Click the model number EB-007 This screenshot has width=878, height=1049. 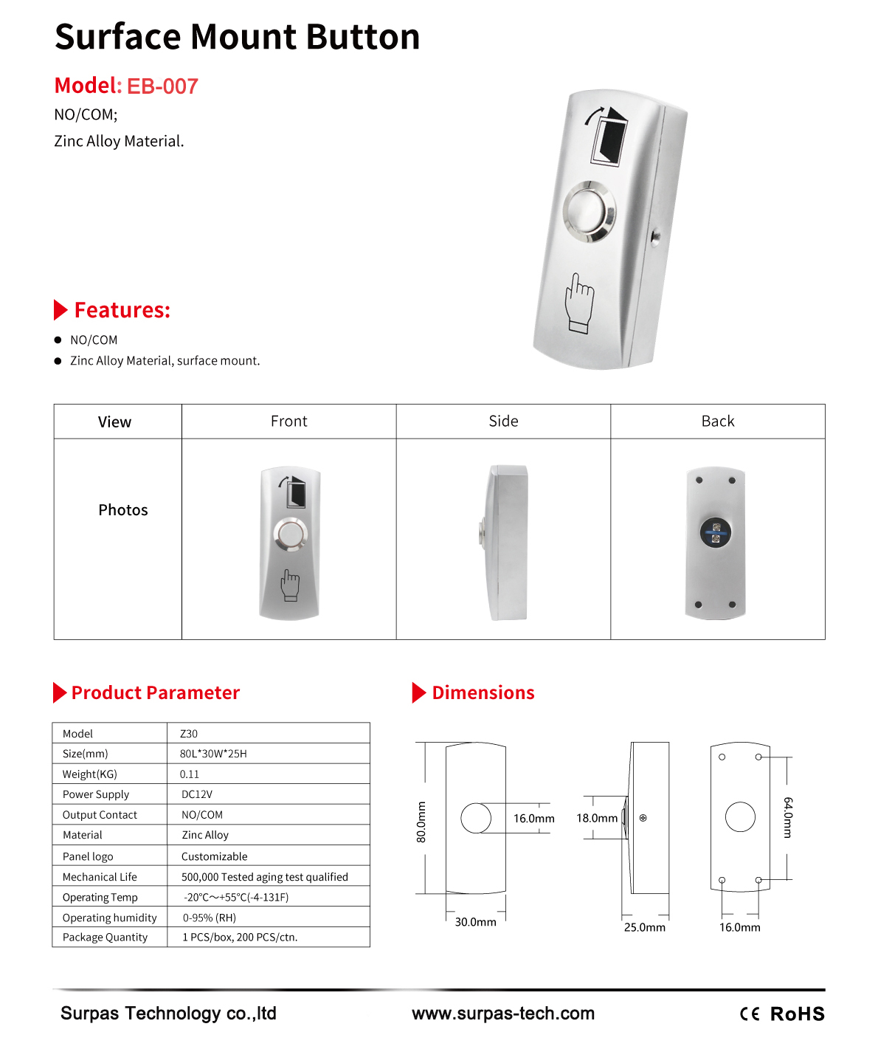click(x=162, y=86)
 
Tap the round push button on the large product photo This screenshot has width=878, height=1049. click(x=589, y=211)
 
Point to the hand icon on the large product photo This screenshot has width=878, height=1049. click(x=579, y=303)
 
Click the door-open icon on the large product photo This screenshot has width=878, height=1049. click(x=609, y=135)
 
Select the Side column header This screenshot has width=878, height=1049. click(x=503, y=422)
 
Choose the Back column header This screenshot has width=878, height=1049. click(x=717, y=422)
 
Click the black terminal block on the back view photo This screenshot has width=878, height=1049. click(x=715, y=532)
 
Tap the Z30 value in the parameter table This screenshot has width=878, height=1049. click(x=189, y=734)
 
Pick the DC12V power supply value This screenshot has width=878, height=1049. click(x=197, y=794)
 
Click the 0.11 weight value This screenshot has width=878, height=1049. click(x=190, y=774)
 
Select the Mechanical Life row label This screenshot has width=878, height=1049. click(x=100, y=877)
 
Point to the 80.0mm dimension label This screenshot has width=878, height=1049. click(x=421, y=822)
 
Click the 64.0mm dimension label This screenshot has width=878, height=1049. click(x=788, y=817)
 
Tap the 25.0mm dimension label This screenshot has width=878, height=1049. click(x=645, y=927)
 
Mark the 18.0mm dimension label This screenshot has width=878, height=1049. click(x=597, y=818)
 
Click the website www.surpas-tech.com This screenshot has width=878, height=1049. click(x=503, y=1014)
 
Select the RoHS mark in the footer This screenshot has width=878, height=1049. click(x=798, y=1014)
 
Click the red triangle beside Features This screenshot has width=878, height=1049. click(x=61, y=310)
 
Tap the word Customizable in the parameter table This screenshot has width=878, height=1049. click(x=215, y=856)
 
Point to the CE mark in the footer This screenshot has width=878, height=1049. click(x=750, y=1014)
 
